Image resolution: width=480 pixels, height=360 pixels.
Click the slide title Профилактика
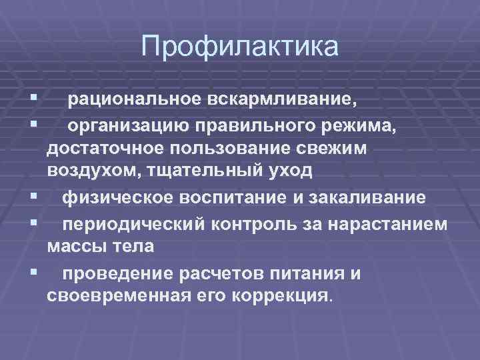coord(240,47)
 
